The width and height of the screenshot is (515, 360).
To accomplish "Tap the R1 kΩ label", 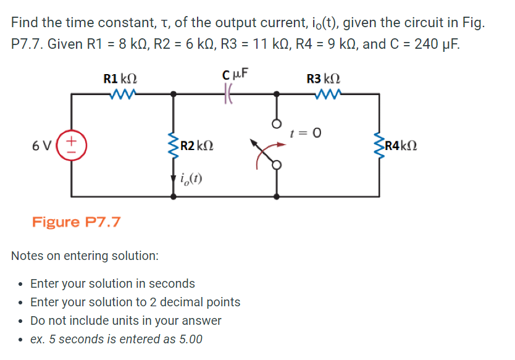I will (120, 79).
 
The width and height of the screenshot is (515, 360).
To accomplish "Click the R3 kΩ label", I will (324, 79).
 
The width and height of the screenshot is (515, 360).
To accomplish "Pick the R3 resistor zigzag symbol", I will (326, 94).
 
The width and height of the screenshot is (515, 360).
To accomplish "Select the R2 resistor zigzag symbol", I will (174, 145).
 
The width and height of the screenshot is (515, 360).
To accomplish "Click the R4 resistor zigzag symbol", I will (379, 146).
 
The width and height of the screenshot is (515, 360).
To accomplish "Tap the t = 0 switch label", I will (304, 133).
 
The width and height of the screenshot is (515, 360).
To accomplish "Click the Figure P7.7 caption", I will (76, 221).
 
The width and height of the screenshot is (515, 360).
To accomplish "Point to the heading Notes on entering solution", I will (85, 255).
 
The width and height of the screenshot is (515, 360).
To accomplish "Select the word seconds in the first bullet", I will (173, 284).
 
